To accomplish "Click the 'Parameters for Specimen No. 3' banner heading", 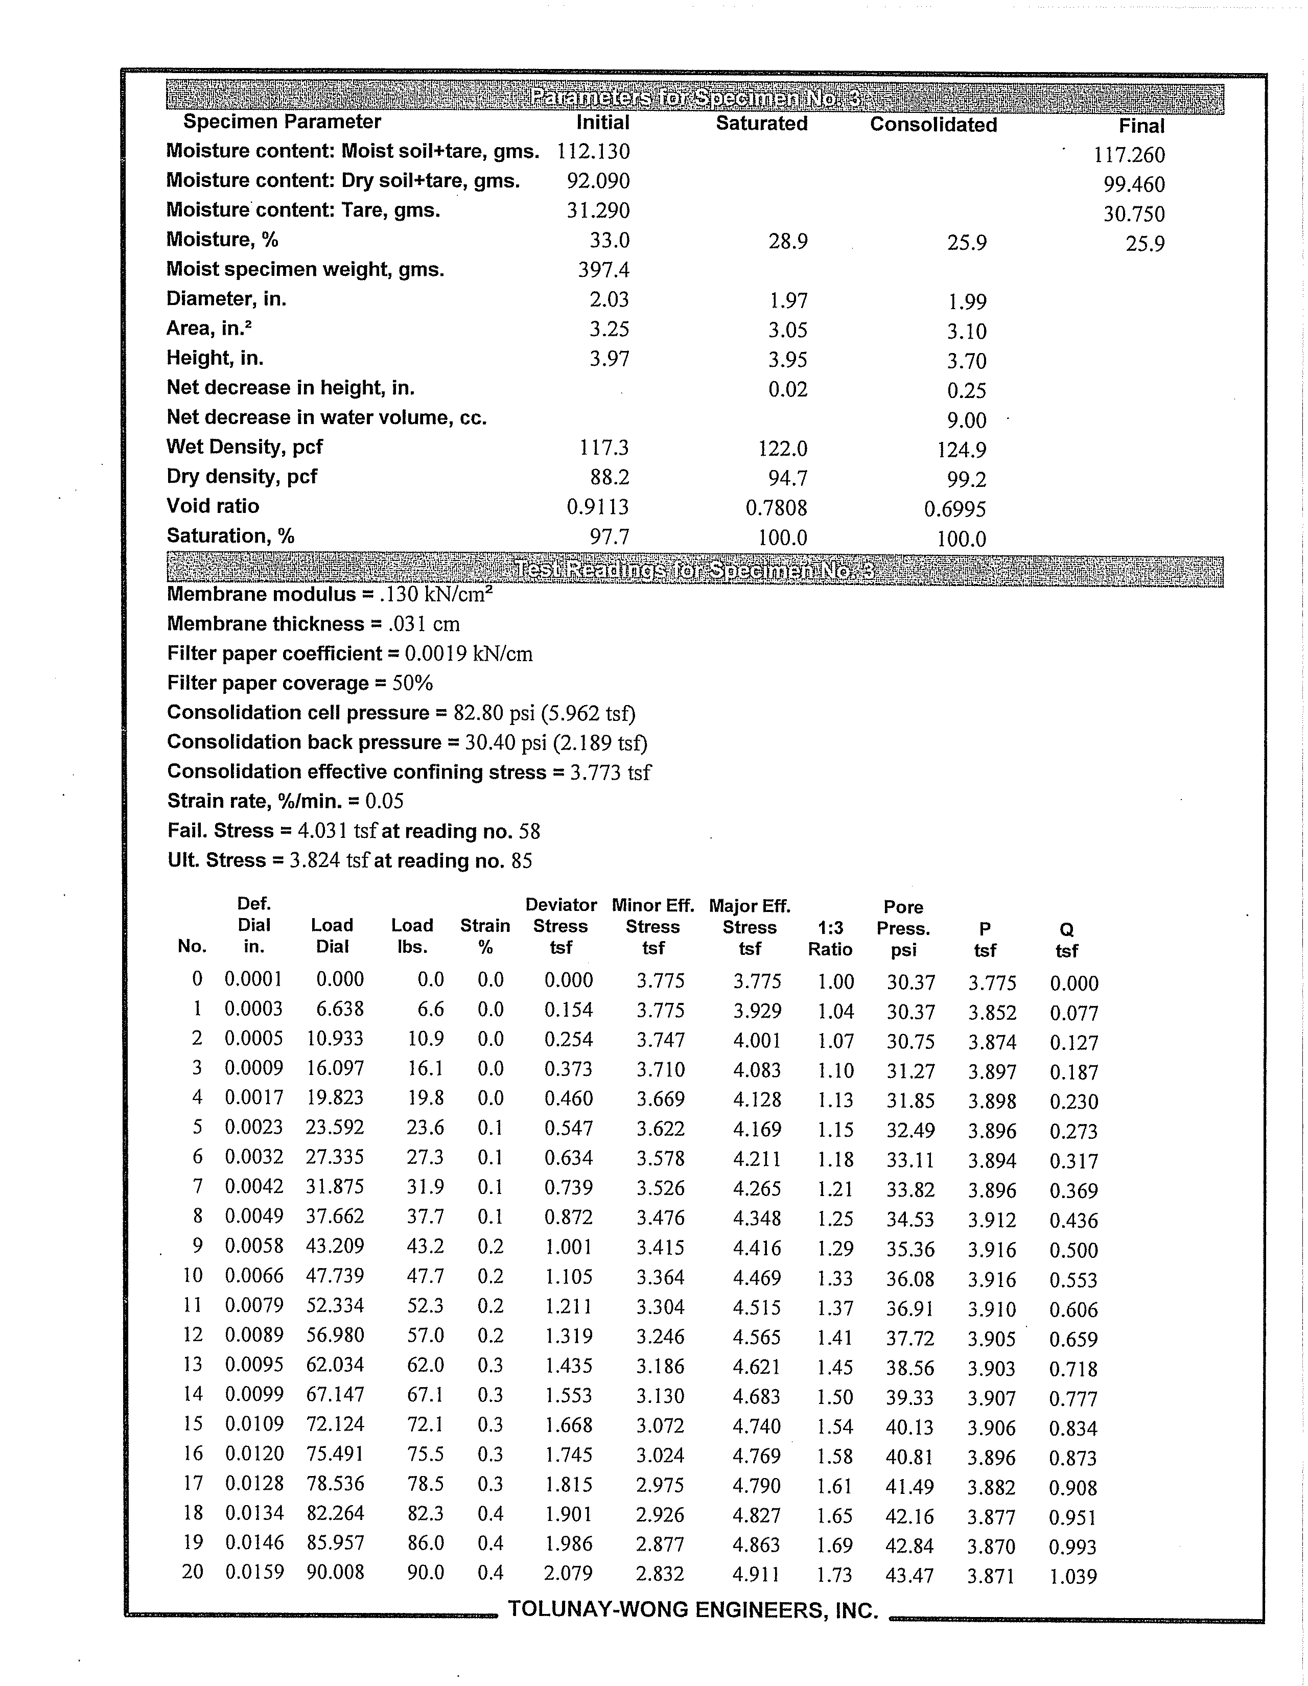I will point(695,98).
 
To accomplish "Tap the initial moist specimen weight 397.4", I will point(604,269).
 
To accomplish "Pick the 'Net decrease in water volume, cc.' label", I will point(326,417).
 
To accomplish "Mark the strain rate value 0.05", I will point(385,801).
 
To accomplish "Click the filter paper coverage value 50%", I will point(413,683).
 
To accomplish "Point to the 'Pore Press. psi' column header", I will point(903,928).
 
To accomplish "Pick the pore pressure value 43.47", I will point(909,1575).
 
